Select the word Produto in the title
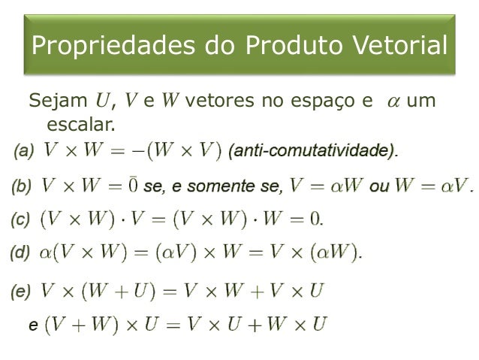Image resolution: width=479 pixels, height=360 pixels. [270, 47]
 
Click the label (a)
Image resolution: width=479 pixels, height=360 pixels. [23, 150]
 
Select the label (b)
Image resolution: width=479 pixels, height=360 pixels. [23, 184]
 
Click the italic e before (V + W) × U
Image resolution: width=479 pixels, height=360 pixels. [32, 325]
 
